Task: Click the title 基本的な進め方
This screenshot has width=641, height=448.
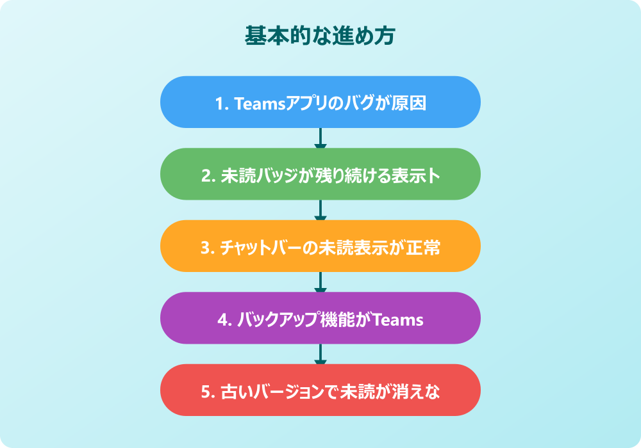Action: [x=320, y=36]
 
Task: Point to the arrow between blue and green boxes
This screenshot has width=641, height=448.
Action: [x=320, y=138]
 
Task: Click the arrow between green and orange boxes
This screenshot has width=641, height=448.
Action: [x=320, y=210]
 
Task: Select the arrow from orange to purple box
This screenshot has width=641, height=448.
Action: [x=320, y=282]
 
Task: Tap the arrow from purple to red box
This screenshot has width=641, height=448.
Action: [x=320, y=354]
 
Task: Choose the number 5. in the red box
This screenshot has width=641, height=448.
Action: [x=206, y=391]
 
